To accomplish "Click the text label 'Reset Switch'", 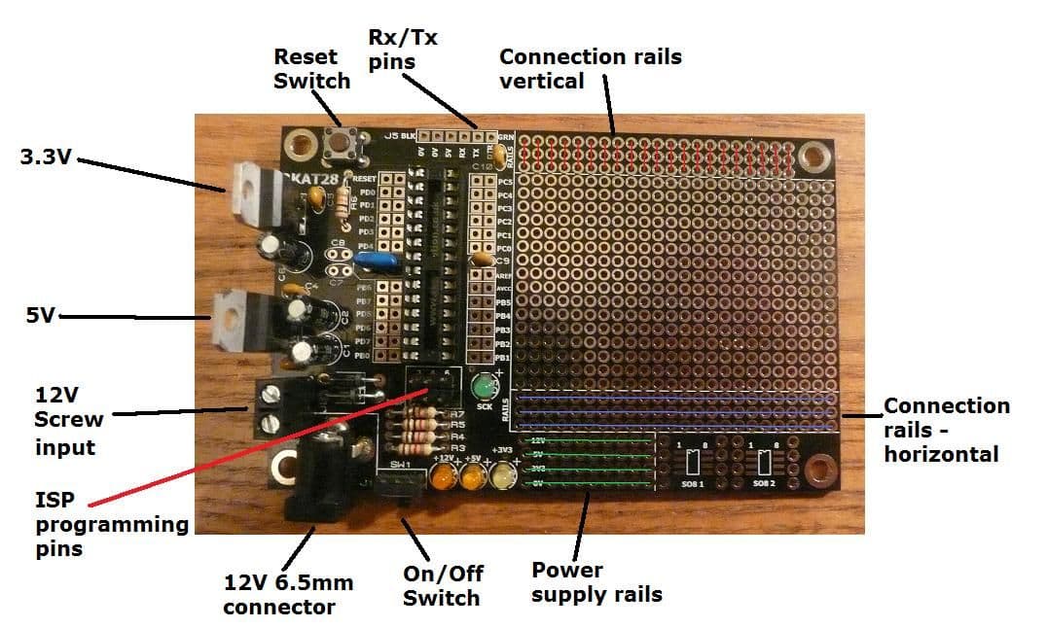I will point(311,68).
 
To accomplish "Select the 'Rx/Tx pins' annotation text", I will point(403,50).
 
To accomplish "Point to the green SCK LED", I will point(481,389).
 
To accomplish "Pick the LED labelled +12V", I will point(446,478).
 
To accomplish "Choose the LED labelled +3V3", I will point(503,476).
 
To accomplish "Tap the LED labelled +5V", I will point(474,478).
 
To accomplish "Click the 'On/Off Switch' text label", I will point(443,585).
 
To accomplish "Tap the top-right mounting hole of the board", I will point(812,156).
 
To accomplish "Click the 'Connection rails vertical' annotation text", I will point(591,68).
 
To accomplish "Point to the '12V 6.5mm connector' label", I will point(288,594).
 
